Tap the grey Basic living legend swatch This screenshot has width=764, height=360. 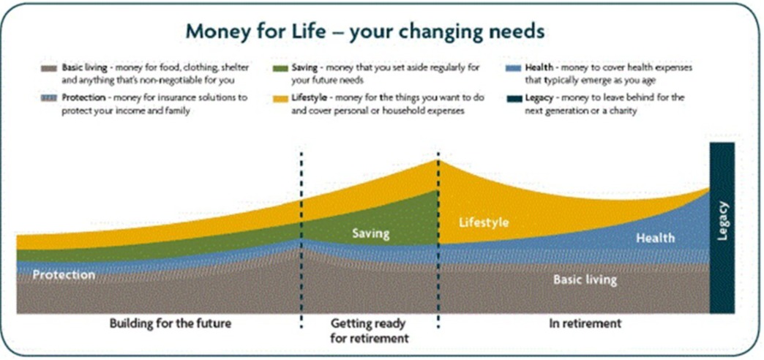49,68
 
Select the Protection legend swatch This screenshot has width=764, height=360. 49,98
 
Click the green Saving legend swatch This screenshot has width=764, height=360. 280,68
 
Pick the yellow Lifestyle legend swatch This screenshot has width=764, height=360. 280,98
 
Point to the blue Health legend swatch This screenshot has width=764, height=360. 513,68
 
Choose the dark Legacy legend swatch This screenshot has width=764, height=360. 513,98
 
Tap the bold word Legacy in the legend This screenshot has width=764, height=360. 539,98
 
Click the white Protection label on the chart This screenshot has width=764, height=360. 64,274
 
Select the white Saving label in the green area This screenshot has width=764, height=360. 371,234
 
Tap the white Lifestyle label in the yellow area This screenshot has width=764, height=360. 484,222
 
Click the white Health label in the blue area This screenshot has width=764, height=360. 656,238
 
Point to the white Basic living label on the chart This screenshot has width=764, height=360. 585,280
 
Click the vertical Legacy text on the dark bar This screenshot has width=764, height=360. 722,221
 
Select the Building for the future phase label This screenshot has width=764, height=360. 170,323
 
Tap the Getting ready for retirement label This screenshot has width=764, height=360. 370,331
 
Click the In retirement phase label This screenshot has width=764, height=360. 585,323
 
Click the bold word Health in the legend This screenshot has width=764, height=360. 539,68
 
